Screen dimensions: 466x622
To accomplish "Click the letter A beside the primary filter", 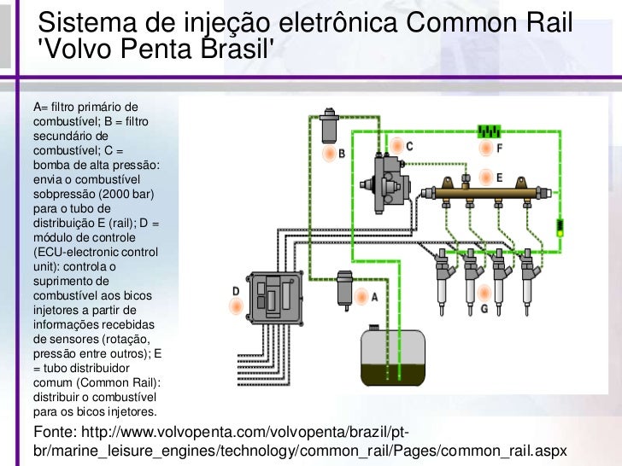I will (373, 296).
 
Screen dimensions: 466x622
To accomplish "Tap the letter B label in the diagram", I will (341, 154).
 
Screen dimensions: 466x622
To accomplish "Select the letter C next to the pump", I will (409, 146).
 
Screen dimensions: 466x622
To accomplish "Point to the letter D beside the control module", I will (236, 291).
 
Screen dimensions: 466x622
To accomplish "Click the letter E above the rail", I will (499, 177).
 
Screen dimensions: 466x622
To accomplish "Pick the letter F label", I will (499, 148).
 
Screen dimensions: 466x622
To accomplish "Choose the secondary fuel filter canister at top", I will (329, 126).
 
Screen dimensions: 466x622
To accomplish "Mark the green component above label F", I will (488, 131).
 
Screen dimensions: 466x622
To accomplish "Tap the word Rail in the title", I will (545, 20).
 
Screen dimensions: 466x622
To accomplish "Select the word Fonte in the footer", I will (56, 429).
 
